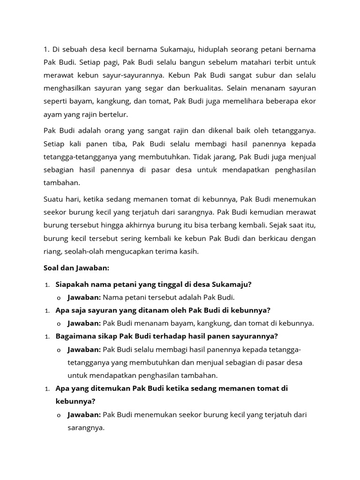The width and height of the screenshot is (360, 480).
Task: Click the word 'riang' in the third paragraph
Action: pyautogui.click(x=52, y=251)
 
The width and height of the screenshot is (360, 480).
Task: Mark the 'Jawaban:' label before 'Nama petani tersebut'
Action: pyautogui.click(x=84, y=297)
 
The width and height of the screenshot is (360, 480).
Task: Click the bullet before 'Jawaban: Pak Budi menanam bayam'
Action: pyautogui.click(x=59, y=323)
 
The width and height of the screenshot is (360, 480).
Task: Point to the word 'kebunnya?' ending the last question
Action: pyautogui.click(x=75, y=401)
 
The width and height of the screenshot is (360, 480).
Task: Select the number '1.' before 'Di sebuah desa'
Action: pyautogui.click(x=47, y=49)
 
